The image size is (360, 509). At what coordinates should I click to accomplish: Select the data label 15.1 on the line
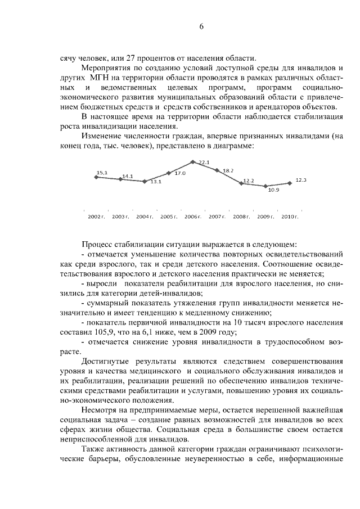[102, 172]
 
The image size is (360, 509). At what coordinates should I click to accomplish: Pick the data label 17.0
[180, 174]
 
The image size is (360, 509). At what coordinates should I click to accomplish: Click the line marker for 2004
[145, 181]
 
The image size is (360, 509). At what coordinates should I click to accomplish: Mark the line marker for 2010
[289, 183]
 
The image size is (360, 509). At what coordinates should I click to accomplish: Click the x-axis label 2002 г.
[96, 217]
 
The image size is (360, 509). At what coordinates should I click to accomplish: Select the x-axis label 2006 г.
[193, 217]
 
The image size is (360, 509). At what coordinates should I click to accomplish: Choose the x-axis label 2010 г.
[289, 217]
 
